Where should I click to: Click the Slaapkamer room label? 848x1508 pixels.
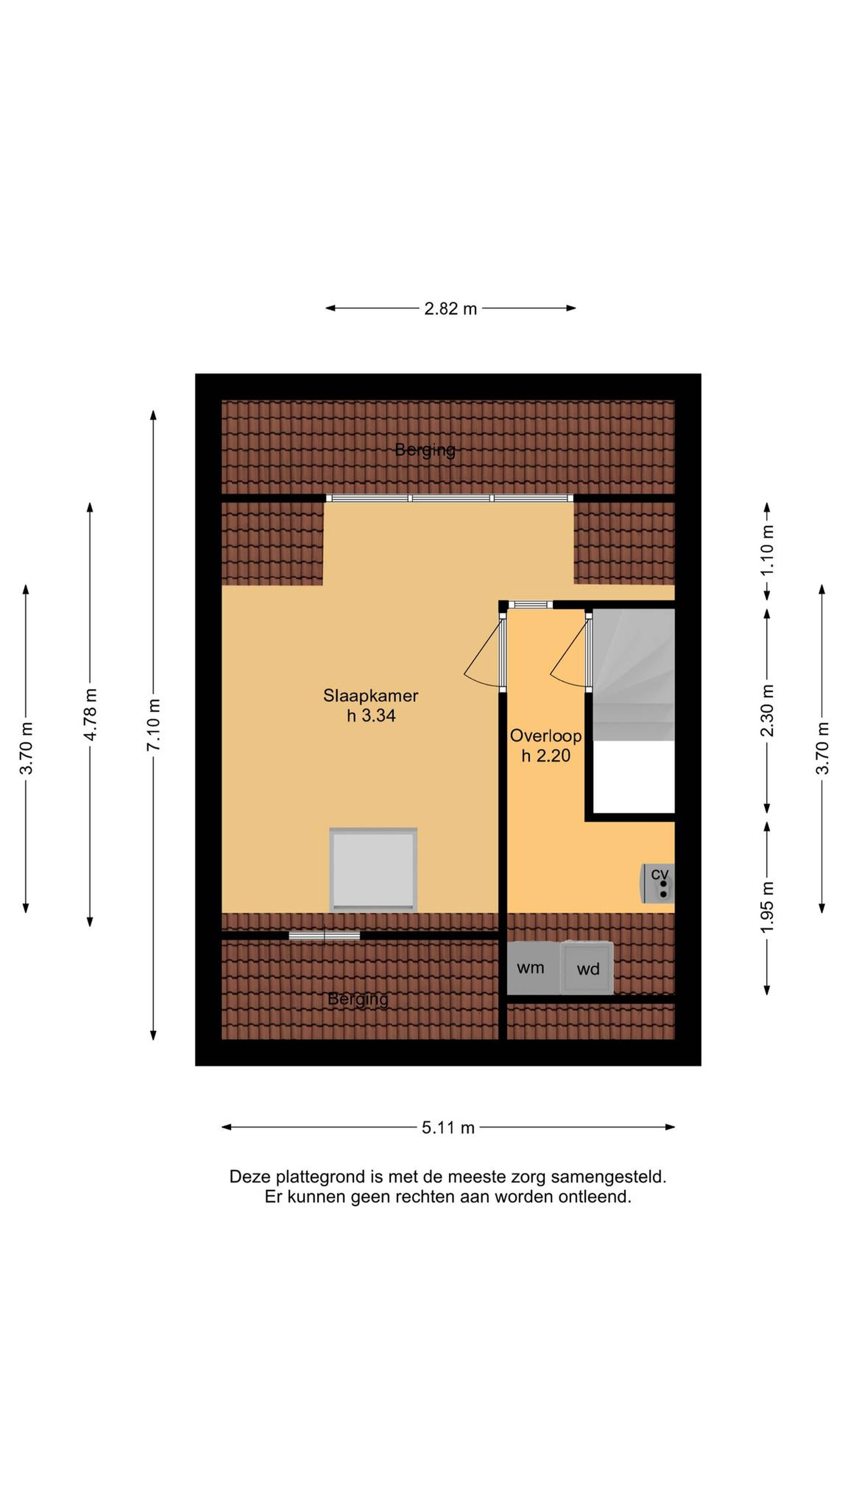coord(371,695)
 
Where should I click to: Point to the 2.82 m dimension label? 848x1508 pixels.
coord(450,308)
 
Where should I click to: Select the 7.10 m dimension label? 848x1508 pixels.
coord(153,725)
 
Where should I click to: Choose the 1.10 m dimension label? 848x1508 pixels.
coord(767,551)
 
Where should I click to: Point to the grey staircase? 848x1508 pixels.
coord(634,674)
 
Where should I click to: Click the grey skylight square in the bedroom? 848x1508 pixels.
coord(373,869)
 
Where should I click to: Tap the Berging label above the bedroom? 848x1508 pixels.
coord(425,450)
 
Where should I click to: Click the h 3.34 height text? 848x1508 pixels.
coord(371,715)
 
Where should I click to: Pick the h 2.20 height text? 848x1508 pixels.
coord(545,756)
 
